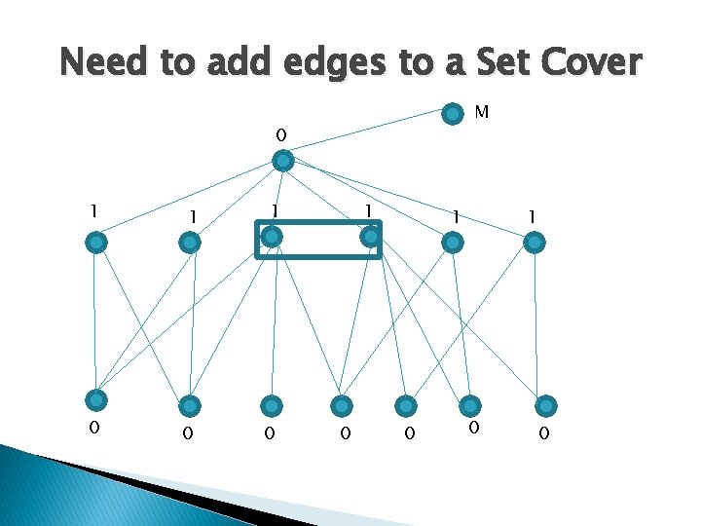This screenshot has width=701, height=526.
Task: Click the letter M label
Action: [x=481, y=113]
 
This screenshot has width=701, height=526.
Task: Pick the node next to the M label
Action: [x=452, y=114]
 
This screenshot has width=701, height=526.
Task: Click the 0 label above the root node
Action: [x=280, y=132]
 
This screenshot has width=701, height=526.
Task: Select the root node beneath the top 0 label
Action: [x=281, y=161]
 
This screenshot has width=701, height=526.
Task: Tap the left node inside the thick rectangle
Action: [x=274, y=237]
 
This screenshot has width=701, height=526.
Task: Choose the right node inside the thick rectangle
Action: [x=369, y=237]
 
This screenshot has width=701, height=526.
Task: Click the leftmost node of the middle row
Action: [x=95, y=243]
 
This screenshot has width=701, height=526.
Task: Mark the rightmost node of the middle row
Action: [x=535, y=243]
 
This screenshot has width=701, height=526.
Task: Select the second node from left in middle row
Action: [x=191, y=243]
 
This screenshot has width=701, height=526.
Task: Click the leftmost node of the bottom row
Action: [x=95, y=399]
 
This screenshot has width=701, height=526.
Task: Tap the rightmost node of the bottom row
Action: [x=547, y=405]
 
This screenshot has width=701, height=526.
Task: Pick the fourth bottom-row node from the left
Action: [x=341, y=405]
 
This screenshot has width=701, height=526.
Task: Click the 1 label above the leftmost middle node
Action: [x=92, y=210]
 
